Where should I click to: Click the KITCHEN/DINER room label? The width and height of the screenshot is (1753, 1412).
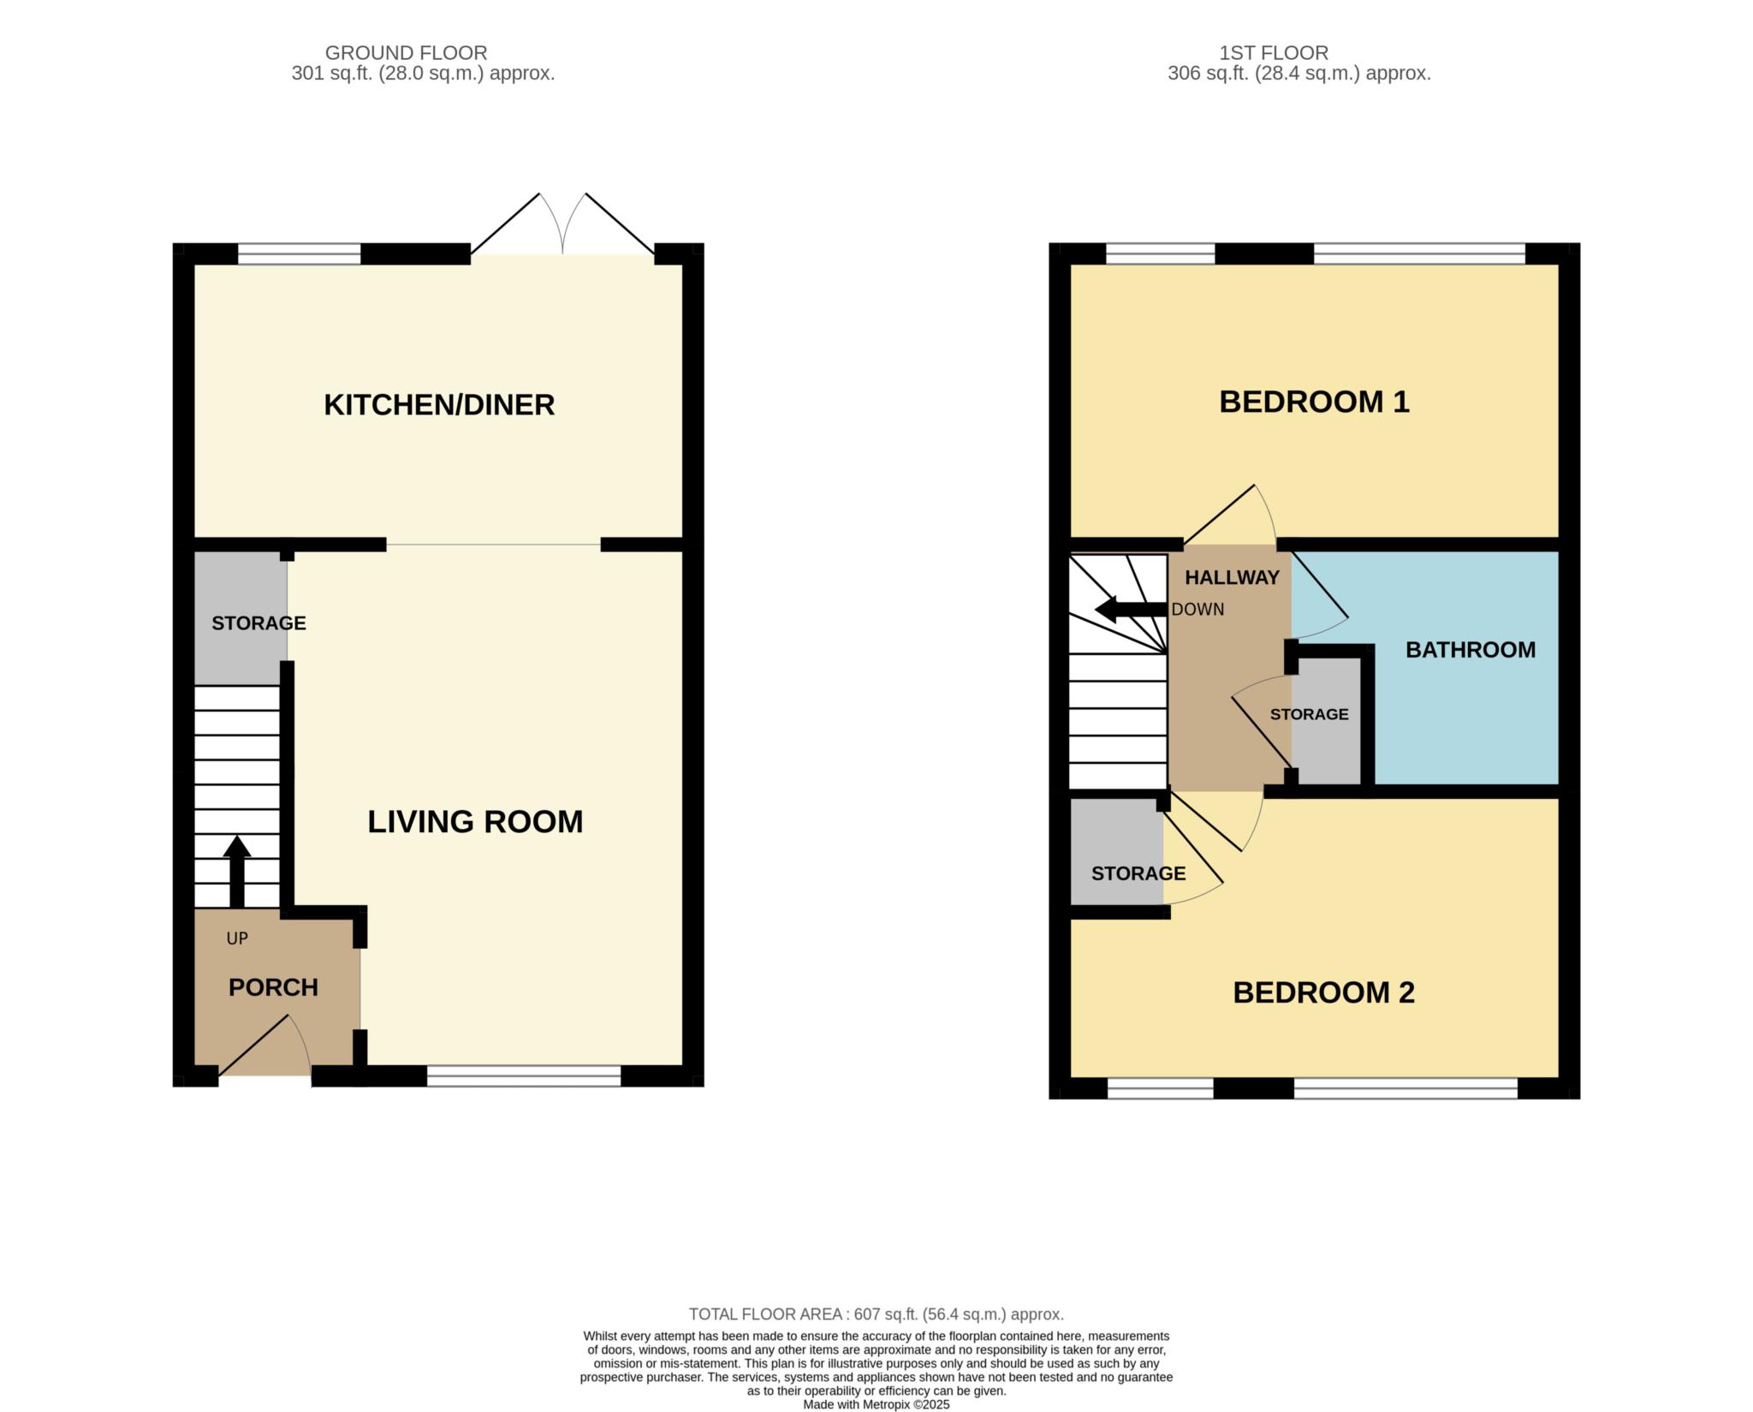pos(439,405)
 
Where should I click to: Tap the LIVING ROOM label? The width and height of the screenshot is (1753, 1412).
pos(475,822)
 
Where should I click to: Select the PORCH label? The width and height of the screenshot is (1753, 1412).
pos(273,987)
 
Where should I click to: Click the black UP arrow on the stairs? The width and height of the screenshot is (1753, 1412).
pos(237,871)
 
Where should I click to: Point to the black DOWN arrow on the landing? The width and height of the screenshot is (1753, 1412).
pos(1132,610)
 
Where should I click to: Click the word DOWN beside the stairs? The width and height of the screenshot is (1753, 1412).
pos(1197,610)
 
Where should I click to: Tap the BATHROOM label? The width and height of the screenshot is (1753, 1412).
pos(1471,650)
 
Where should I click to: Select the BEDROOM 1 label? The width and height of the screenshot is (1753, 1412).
pos(1314,402)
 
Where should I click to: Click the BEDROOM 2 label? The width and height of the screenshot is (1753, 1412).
pos(1323,992)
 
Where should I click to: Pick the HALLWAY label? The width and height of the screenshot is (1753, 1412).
pos(1232,578)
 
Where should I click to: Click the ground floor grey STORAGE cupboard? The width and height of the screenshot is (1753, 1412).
pos(241,618)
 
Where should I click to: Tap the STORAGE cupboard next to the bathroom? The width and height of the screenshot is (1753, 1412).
pos(1326,720)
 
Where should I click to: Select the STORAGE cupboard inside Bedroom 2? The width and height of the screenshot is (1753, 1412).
pos(1117,851)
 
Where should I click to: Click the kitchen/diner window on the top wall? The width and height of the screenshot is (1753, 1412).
pos(299,253)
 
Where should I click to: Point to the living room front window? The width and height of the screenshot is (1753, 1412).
pos(524,1076)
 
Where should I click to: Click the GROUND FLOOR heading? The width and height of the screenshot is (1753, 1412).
pos(406,53)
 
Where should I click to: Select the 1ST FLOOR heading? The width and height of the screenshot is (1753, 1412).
pos(1274,53)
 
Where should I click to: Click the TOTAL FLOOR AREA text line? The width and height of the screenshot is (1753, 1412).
pos(876,1314)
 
